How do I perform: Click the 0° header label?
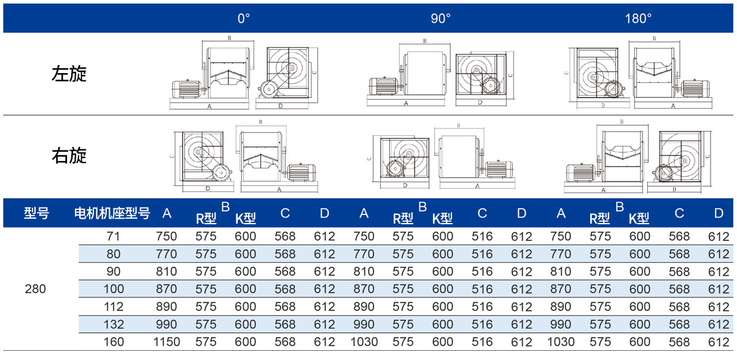[x=244, y=18]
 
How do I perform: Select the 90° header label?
[x=440, y=18]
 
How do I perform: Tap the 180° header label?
[x=638, y=18]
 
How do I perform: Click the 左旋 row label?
[x=69, y=73]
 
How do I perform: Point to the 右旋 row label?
[x=69, y=155]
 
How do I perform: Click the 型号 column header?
[x=36, y=213]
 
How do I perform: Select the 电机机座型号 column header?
[x=112, y=213]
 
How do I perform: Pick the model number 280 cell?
[x=35, y=289]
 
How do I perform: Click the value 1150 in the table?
[x=166, y=342]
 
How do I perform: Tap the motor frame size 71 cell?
[x=113, y=237]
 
